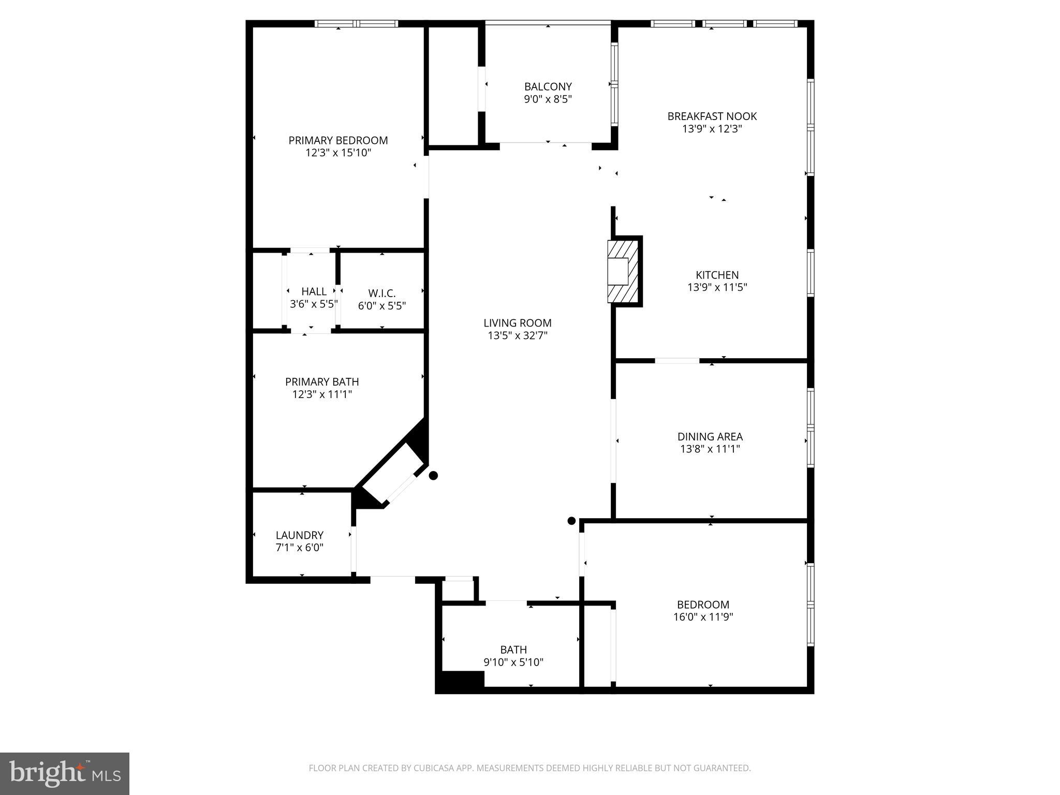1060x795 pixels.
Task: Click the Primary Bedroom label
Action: click(x=338, y=140)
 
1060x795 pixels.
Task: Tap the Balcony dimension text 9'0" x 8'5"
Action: click(x=548, y=99)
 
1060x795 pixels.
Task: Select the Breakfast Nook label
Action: click(x=712, y=116)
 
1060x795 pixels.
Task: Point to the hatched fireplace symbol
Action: click(x=624, y=271)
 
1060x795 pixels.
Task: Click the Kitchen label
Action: click(x=717, y=275)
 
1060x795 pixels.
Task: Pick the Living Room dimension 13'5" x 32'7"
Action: click(x=517, y=335)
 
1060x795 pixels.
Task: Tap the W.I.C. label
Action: click(x=381, y=293)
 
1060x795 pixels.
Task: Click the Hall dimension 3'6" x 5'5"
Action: click(x=314, y=304)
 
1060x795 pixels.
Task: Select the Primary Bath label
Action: click(x=321, y=382)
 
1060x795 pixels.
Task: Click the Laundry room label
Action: click(x=299, y=535)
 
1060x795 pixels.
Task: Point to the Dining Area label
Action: click(x=710, y=436)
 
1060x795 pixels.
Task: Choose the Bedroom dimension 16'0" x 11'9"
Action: click(x=703, y=617)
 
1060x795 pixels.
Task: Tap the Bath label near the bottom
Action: click(x=513, y=650)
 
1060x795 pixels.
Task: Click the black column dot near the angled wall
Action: click(x=433, y=475)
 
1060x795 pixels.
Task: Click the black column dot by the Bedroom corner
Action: click(x=571, y=521)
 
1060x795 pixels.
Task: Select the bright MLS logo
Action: click(x=65, y=773)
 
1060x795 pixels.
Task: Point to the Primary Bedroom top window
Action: click(x=357, y=24)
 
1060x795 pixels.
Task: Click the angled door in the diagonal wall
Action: click(x=401, y=488)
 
